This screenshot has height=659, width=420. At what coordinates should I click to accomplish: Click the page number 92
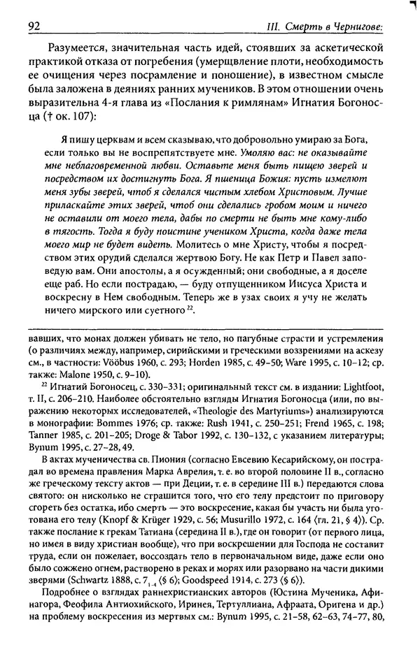click(x=34, y=27)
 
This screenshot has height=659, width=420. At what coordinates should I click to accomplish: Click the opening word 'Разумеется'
click(x=78, y=48)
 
